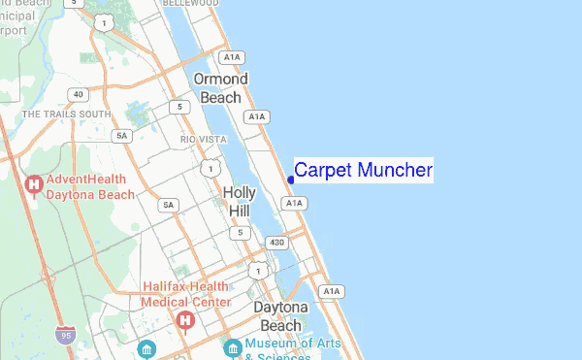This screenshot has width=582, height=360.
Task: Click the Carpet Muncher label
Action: pos(363,171)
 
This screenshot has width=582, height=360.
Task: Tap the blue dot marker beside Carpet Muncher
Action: pos(291,180)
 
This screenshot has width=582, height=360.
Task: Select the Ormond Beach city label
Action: pos(220,87)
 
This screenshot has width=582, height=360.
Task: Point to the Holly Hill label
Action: pos(240,201)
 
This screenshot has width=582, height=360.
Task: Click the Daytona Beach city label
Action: pos(282,316)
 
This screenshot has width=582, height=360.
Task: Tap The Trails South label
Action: pos(66,115)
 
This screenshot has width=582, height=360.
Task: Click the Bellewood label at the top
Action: pos(190,5)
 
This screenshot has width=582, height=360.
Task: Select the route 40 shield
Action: pos(78,94)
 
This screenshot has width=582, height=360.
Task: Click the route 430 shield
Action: pos(277,242)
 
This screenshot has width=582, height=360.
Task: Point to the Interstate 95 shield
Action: pos(65,335)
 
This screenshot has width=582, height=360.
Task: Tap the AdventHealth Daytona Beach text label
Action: pos(90,186)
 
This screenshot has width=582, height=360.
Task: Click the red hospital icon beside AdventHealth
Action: pos(34,183)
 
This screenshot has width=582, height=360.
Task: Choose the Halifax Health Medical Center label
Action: pos(186,294)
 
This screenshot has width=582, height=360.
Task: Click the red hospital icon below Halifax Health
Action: pos(184,320)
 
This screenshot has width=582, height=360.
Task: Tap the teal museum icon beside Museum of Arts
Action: pos(233,346)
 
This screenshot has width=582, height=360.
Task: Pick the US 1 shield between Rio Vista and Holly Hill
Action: pos(209,169)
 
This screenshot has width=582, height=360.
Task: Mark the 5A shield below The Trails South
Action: pos(121,136)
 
